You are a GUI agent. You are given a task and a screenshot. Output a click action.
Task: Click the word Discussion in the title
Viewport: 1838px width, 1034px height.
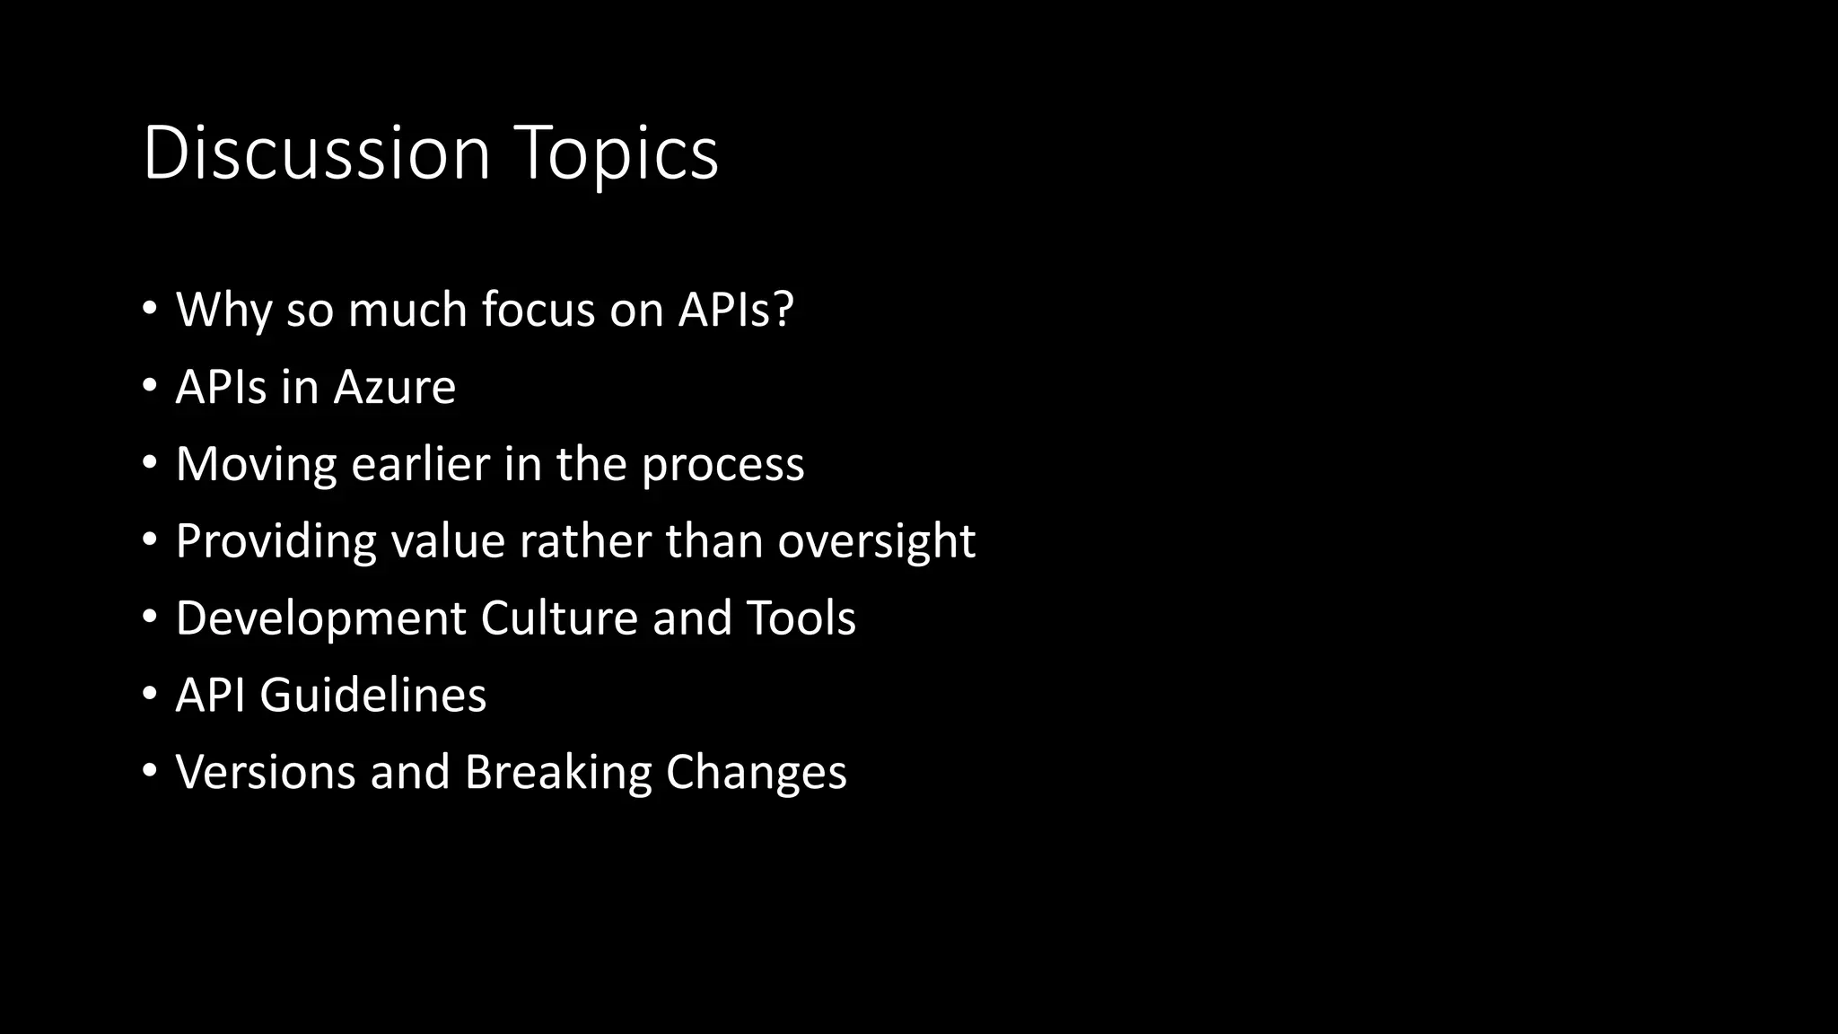[316, 153]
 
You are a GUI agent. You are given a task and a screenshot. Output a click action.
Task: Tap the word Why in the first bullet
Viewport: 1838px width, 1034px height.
[223, 311]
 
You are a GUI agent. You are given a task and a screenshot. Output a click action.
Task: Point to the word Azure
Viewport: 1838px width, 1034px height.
[395, 387]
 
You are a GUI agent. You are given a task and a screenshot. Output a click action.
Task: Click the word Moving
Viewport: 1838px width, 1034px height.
[256, 465]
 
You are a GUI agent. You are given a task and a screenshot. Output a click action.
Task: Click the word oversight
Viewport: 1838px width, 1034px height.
[877, 542]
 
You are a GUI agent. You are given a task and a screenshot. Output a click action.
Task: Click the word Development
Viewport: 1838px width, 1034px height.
[321, 619]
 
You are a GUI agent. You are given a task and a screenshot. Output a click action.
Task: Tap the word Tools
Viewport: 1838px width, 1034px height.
[801, 618]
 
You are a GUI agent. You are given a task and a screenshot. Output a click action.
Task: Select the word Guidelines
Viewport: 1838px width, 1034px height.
[372, 696]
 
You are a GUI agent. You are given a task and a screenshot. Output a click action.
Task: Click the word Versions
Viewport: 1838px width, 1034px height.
[266, 772]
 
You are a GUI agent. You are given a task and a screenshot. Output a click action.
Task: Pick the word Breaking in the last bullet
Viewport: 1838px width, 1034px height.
[558, 774]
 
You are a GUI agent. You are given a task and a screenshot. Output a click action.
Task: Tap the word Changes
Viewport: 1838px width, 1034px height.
[756, 774]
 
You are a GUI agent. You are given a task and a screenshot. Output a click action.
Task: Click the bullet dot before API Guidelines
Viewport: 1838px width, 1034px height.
[150, 695]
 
